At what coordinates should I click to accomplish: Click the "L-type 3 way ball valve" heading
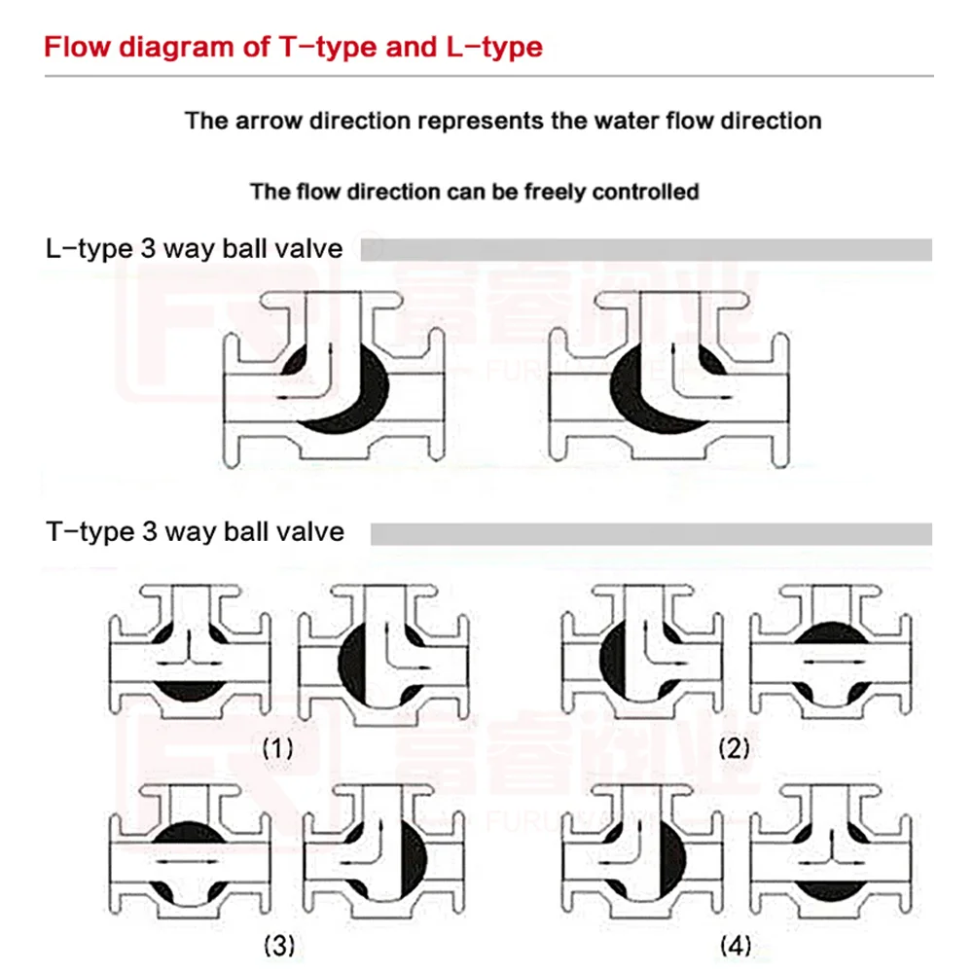click(195, 249)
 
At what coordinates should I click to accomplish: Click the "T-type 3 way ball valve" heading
click(195, 532)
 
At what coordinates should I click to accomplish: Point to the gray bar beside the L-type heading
click(646, 250)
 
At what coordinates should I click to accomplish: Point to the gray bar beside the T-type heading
click(651, 533)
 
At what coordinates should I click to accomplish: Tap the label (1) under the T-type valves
click(277, 748)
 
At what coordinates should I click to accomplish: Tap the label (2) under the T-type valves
click(735, 748)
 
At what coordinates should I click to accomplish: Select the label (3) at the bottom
click(278, 945)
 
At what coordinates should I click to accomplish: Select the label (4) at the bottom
click(736, 945)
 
